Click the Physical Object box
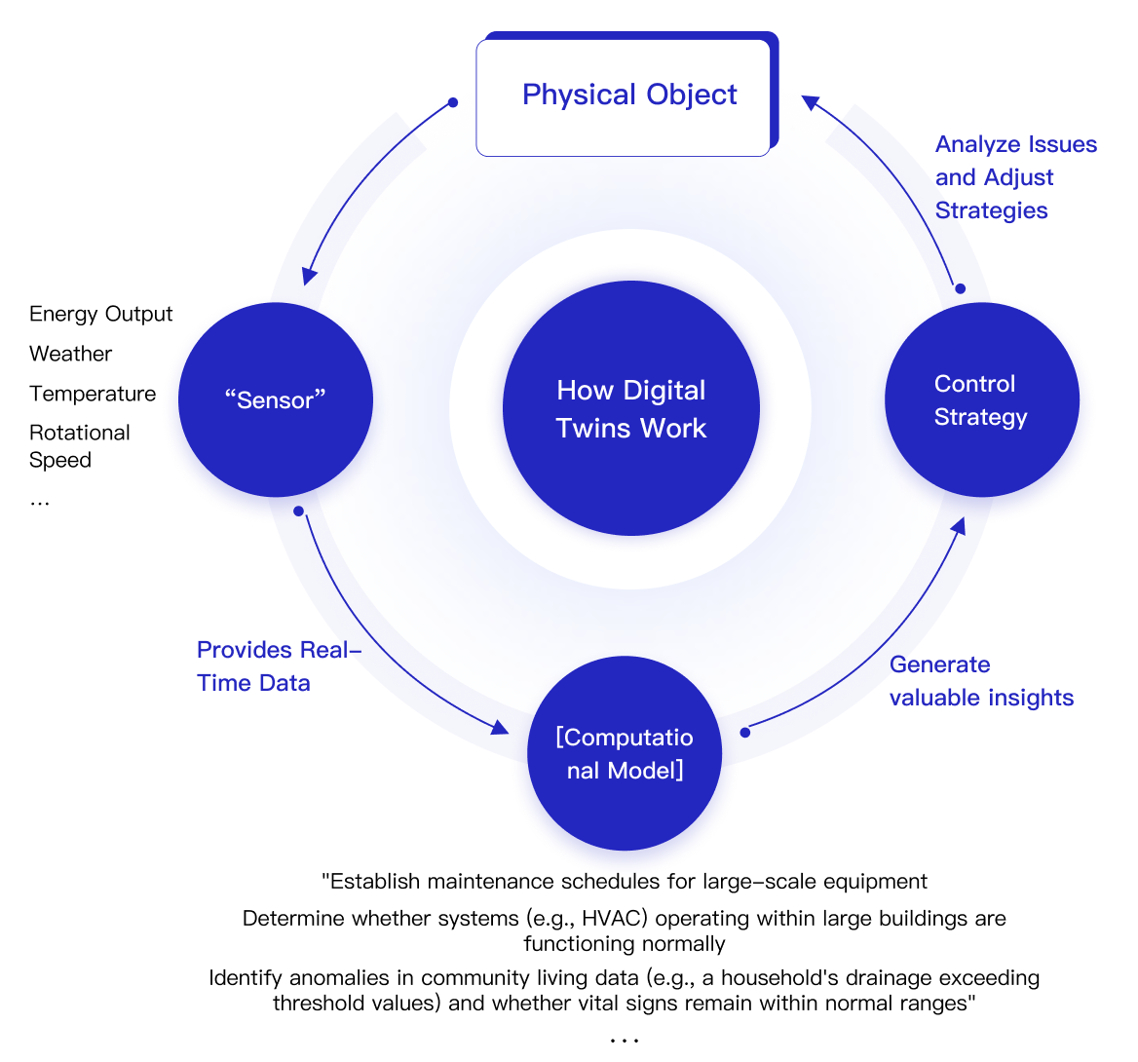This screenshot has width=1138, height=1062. click(x=624, y=95)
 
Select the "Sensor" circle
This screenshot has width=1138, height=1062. click(x=276, y=400)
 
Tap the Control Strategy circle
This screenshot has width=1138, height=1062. click(x=981, y=400)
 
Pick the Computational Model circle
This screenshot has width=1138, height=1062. click(x=625, y=753)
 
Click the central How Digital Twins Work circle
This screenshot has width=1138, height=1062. click(x=630, y=409)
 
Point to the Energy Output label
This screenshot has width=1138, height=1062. click(x=100, y=314)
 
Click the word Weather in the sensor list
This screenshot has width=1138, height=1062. click(x=70, y=354)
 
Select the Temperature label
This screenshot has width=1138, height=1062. click(x=93, y=394)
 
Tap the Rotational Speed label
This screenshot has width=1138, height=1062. click(x=79, y=446)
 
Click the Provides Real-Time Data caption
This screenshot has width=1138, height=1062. click(x=278, y=666)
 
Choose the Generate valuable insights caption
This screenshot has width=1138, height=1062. click(x=981, y=681)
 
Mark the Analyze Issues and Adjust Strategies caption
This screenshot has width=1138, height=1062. click(x=1015, y=177)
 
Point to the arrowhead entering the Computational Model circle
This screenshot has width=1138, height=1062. click(x=500, y=727)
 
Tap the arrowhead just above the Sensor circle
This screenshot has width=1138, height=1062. click(x=309, y=276)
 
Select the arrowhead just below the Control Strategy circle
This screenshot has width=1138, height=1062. click(x=959, y=526)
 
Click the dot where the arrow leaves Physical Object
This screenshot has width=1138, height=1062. click(x=452, y=102)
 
